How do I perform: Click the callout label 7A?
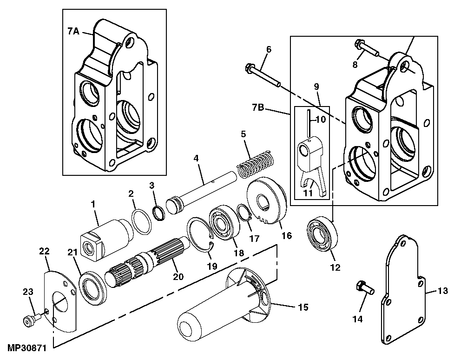pyautogui.click(x=73, y=32)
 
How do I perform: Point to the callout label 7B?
pyautogui.click(x=258, y=108)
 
